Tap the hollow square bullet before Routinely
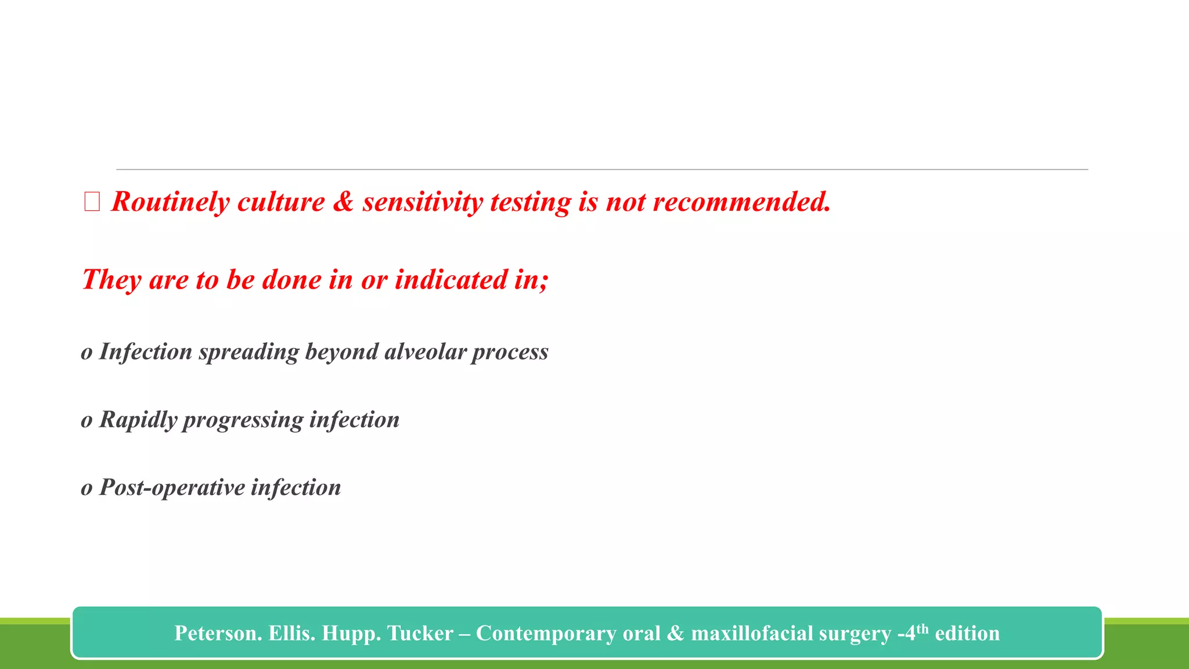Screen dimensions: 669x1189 click(x=92, y=202)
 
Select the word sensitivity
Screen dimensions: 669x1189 click(x=422, y=202)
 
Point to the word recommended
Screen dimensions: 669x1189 click(x=741, y=202)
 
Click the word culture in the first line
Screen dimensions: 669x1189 click(x=281, y=202)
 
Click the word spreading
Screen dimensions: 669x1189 click(x=248, y=352)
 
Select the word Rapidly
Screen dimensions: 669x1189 click(x=138, y=420)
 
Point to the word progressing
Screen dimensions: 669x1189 click(x=243, y=420)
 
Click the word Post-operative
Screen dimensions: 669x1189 click(x=172, y=488)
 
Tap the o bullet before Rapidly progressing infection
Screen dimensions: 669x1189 click(x=87, y=420)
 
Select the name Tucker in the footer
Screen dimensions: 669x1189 click(x=420, y=633)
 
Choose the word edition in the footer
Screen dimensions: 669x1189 click(x=967, y=633)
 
